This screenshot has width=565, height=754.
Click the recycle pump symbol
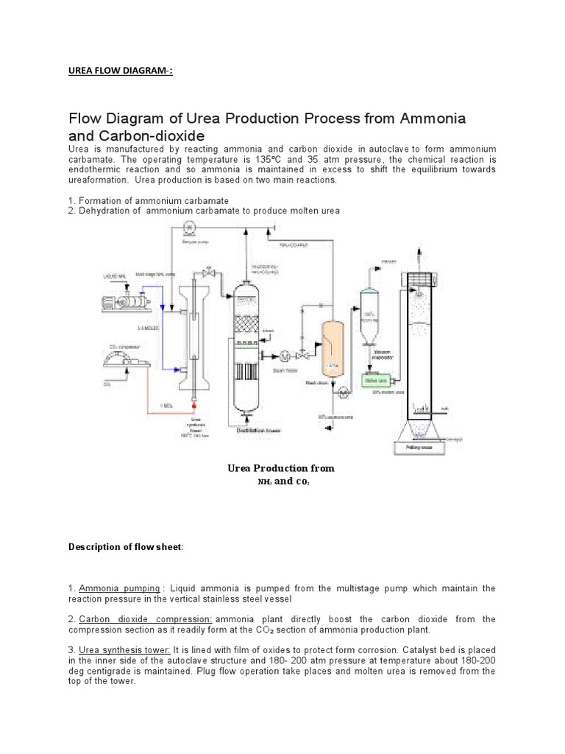[188, 228]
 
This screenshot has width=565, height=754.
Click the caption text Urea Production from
[281, 468]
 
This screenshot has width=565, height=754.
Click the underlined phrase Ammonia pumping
[119, 588]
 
